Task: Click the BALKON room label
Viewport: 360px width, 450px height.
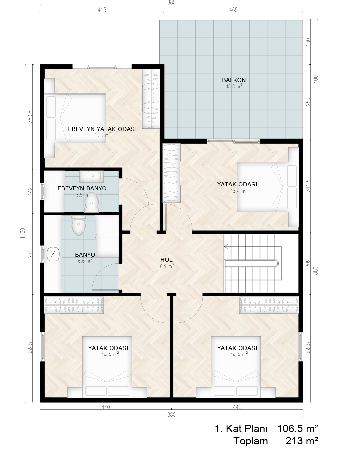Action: (234, 80)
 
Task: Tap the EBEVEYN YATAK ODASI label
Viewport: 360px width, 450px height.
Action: (102, 129)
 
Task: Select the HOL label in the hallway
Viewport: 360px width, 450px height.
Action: (166, 260)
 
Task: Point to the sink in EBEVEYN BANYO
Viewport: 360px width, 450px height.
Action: (91, 176)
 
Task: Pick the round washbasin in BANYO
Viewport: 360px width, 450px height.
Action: (53, 254)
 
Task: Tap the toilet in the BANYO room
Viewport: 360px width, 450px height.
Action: (78, 225)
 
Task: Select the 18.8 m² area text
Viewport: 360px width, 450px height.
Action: (234, 86)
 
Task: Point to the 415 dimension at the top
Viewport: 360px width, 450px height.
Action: (102, 10)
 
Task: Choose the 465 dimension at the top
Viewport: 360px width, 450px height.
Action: (233, 10)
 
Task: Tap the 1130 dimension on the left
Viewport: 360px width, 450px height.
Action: (23, 233)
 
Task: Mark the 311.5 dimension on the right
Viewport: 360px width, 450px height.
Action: (308, 185)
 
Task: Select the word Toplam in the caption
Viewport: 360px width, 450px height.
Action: (251, 441)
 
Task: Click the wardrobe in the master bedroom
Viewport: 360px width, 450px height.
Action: (151, 98)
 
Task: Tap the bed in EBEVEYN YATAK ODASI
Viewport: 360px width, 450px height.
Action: (75, 118)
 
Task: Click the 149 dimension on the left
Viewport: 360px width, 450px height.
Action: (31, 191)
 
